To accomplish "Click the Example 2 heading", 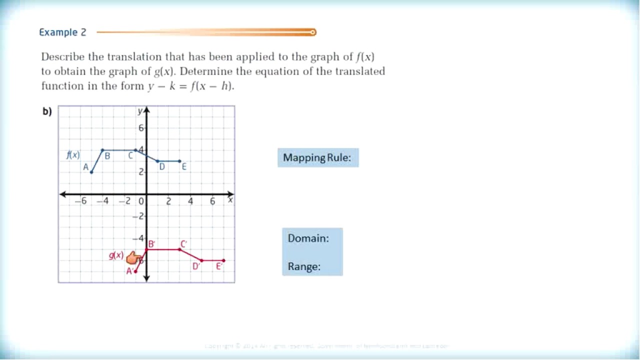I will click(x=62, y=32).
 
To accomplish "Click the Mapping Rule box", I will click(x=317, y=158).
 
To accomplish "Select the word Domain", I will click(x=308, y=238).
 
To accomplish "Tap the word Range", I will click(x=304, y=267).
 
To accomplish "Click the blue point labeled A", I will click(x=91, y=172).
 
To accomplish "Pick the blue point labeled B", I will click(x=102, y=150).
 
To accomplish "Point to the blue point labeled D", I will click(x=157, y=161).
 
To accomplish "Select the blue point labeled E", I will click(x=179, y=161).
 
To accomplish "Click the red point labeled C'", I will click(x=179, y=249).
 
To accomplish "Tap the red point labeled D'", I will click(x=201, y=260).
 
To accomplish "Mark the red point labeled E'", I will click(x=223, y=260).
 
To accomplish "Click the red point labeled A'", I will click(x=135, y=271).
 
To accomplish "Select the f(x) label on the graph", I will click(x=73, y=155).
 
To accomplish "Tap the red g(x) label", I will click(x=116, y=255).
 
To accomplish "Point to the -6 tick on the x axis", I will click(x=80, y=201).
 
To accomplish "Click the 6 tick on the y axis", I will click(x=141, y=128).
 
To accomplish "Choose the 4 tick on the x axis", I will click(x=190, y=201).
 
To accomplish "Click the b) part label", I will click(x=47, y=111).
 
